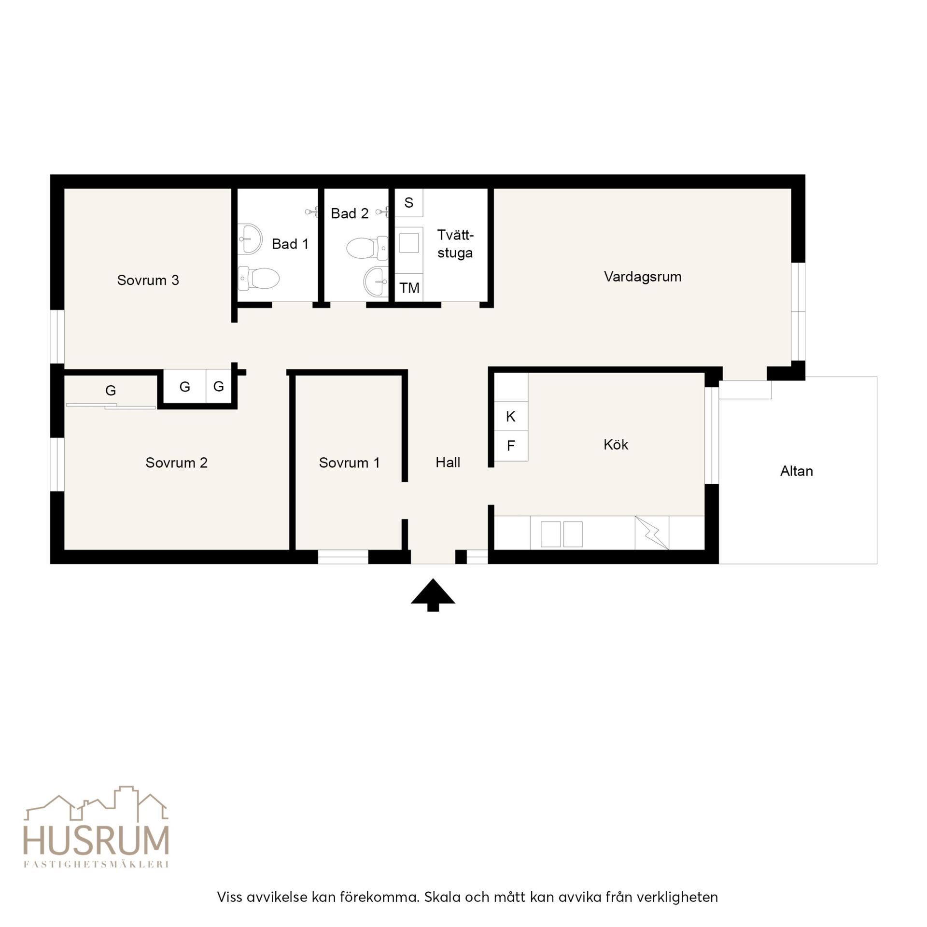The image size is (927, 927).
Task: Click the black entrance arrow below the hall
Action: pos(433,594)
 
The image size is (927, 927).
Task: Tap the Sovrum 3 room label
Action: pos(148,280)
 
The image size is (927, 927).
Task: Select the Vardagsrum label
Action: pos(643,277)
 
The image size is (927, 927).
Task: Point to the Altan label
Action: pos(797,471)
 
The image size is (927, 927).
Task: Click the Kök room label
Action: pos(616,444)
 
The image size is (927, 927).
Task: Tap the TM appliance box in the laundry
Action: pos(409,288)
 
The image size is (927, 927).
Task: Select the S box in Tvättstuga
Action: pos(409,203)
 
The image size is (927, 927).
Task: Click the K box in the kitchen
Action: pos(511,416)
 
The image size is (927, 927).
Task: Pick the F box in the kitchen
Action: pos(511,446)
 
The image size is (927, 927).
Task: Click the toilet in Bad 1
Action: pos(259,279)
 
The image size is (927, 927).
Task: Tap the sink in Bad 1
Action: pos(250,239)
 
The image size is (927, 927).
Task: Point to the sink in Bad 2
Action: pos(376,281)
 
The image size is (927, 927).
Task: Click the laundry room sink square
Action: pos(409,243)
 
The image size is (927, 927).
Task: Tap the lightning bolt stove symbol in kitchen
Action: pos(652,533)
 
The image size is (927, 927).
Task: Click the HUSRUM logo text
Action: pos(97,841)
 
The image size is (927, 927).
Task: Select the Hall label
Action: pos(448,463)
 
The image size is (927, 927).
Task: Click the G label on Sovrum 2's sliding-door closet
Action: pos(111,391)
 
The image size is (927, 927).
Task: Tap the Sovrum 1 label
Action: pos(349,463)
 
